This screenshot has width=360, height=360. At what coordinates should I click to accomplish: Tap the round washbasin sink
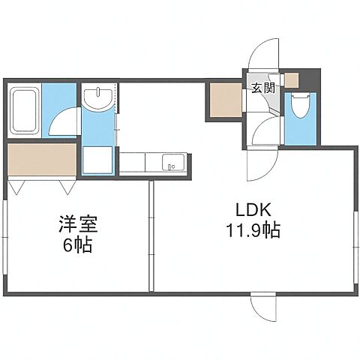point(97,98)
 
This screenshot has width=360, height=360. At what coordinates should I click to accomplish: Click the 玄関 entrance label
point(262,88)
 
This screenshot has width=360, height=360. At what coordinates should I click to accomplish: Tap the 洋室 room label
point(78,223)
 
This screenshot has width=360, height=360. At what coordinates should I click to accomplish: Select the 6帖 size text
point(78,244)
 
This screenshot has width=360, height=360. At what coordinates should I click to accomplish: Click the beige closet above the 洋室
point(42,159)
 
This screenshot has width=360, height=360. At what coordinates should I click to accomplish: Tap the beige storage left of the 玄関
point(224,102)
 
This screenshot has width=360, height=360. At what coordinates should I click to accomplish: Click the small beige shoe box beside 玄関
point(292,79)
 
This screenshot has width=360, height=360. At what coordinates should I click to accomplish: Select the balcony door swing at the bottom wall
point(267,307)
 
